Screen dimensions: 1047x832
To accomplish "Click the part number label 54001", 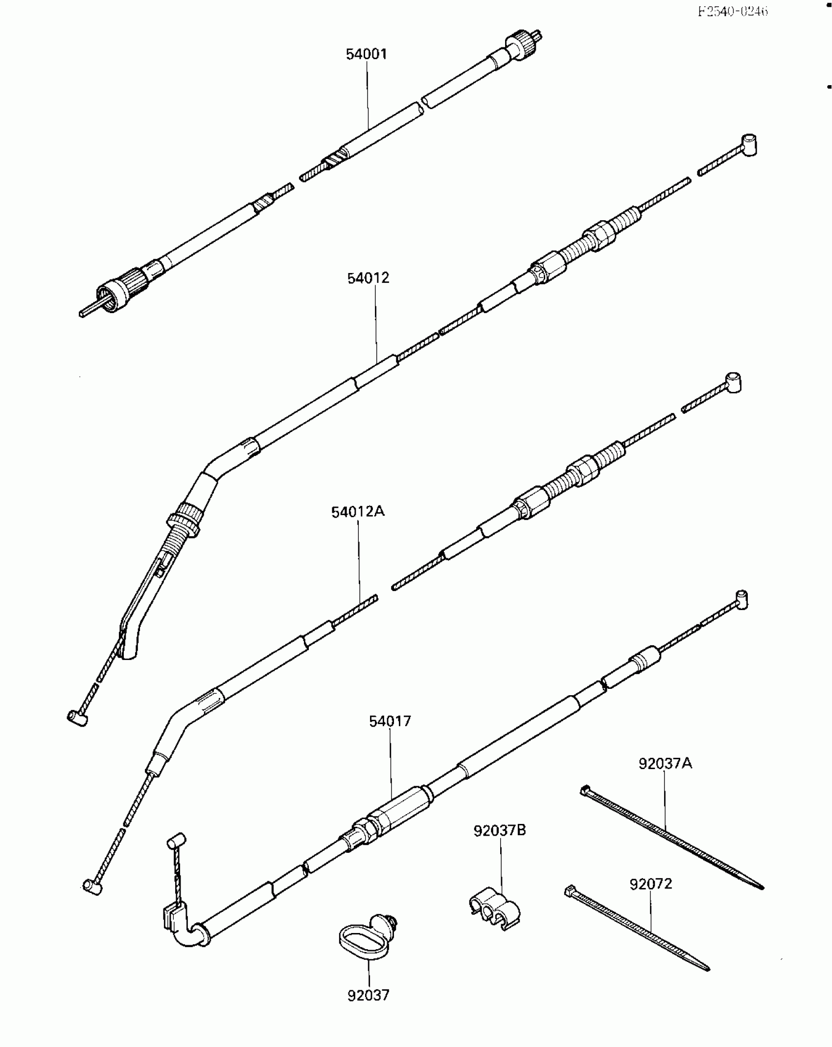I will [366, 54].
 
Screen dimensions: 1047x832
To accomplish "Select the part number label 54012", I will [368, 278].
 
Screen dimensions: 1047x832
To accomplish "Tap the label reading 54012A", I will [358, 512].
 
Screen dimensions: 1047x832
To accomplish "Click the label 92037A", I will [665, 763].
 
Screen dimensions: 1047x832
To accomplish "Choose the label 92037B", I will [500, 830].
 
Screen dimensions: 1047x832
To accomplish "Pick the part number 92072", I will [651, 884].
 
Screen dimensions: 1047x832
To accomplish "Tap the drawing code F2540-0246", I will [733, 11].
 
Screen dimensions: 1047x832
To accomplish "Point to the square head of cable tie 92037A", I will [586, 790].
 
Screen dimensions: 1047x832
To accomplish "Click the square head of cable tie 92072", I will [570, 890].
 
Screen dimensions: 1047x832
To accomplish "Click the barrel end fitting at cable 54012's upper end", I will [748, 145].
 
